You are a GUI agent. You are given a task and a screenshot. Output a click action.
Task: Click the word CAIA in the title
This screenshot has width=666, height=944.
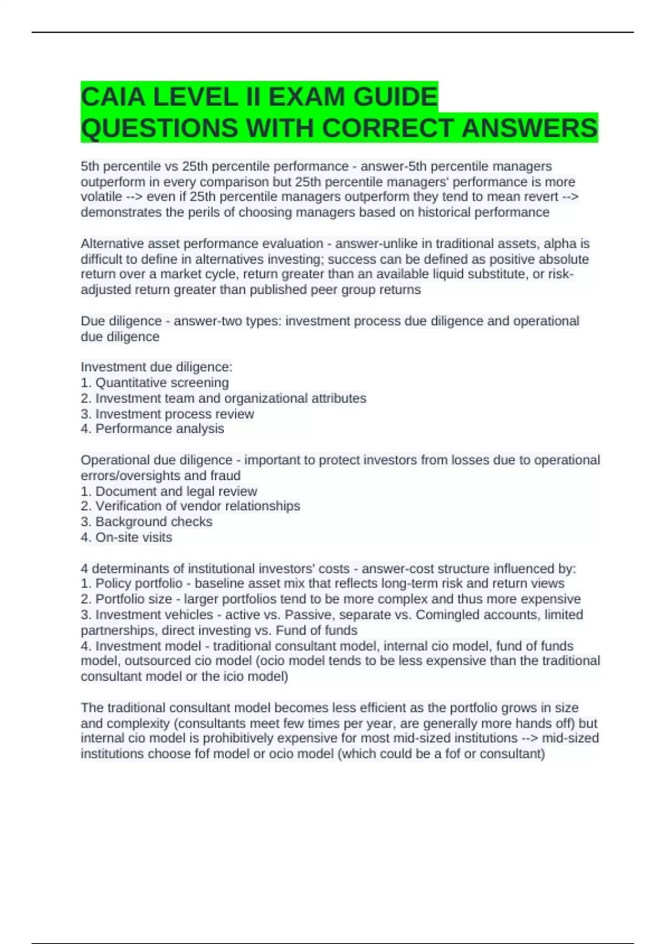[x=112, y=97]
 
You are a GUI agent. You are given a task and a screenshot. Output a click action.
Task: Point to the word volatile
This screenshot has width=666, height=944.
[x=101, y=197]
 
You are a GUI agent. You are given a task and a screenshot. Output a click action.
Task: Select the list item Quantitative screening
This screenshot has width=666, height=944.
[x=162, y=383]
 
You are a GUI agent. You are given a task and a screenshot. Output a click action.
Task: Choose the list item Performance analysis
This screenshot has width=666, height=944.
[x=159, y=429]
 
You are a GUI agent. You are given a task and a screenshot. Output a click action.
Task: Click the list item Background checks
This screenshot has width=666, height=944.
[x=153, y=522]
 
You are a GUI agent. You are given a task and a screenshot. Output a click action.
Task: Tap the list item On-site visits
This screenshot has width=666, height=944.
[x=133, y=538]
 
